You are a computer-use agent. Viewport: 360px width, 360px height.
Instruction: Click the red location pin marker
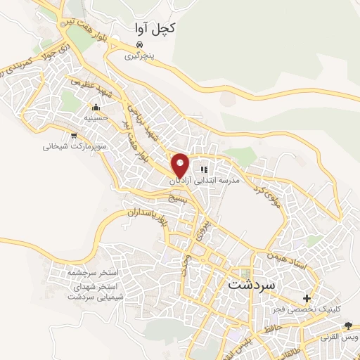click(x=181, y=165)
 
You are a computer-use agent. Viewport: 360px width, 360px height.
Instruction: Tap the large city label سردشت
click(x=255, y=286)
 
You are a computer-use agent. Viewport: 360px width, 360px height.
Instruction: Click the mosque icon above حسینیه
click(x=96, y=108)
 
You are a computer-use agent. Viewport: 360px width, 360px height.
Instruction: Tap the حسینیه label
click(x=96, y=119)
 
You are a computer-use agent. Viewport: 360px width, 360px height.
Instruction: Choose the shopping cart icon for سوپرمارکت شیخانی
click(x=73, y=136)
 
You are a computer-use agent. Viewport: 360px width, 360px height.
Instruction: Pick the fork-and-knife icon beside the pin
click(x=203, y=169)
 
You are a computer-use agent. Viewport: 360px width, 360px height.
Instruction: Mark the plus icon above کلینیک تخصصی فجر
click(x=307, y=298)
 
